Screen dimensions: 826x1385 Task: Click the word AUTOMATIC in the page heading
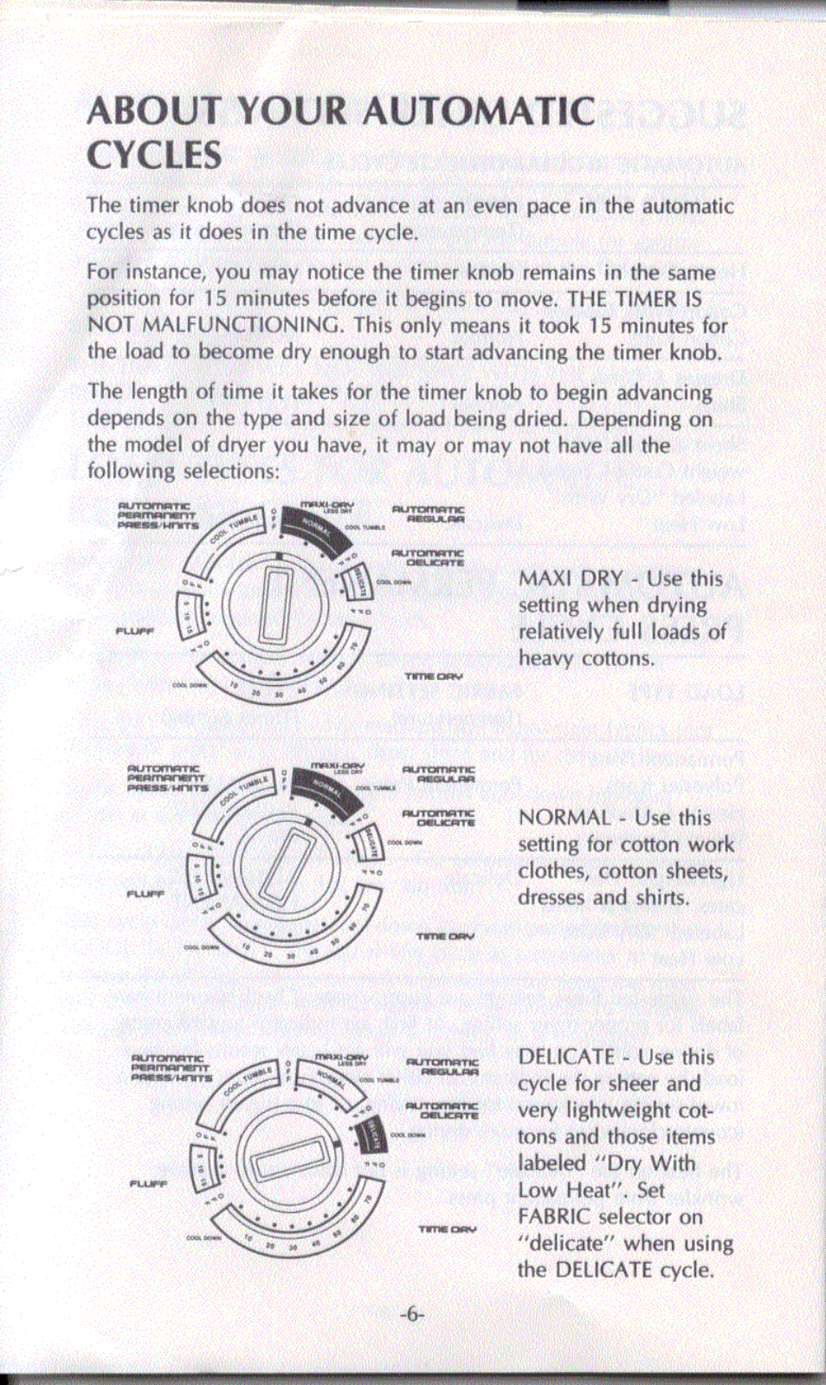[x=478, y=112]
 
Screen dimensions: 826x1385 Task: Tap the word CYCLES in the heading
[x=154, y=157]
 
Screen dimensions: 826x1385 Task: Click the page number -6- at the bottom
[x=412, y=1314]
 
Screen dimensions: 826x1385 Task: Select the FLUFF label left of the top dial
[x=134, y=631]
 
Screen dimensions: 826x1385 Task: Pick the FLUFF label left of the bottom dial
[x=148, y=1183]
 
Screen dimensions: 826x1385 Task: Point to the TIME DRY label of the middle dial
[x=445, y=936]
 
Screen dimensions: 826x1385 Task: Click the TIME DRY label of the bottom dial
[x=447, y=1228]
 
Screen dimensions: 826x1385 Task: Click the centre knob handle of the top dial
[x=275, y=604]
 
